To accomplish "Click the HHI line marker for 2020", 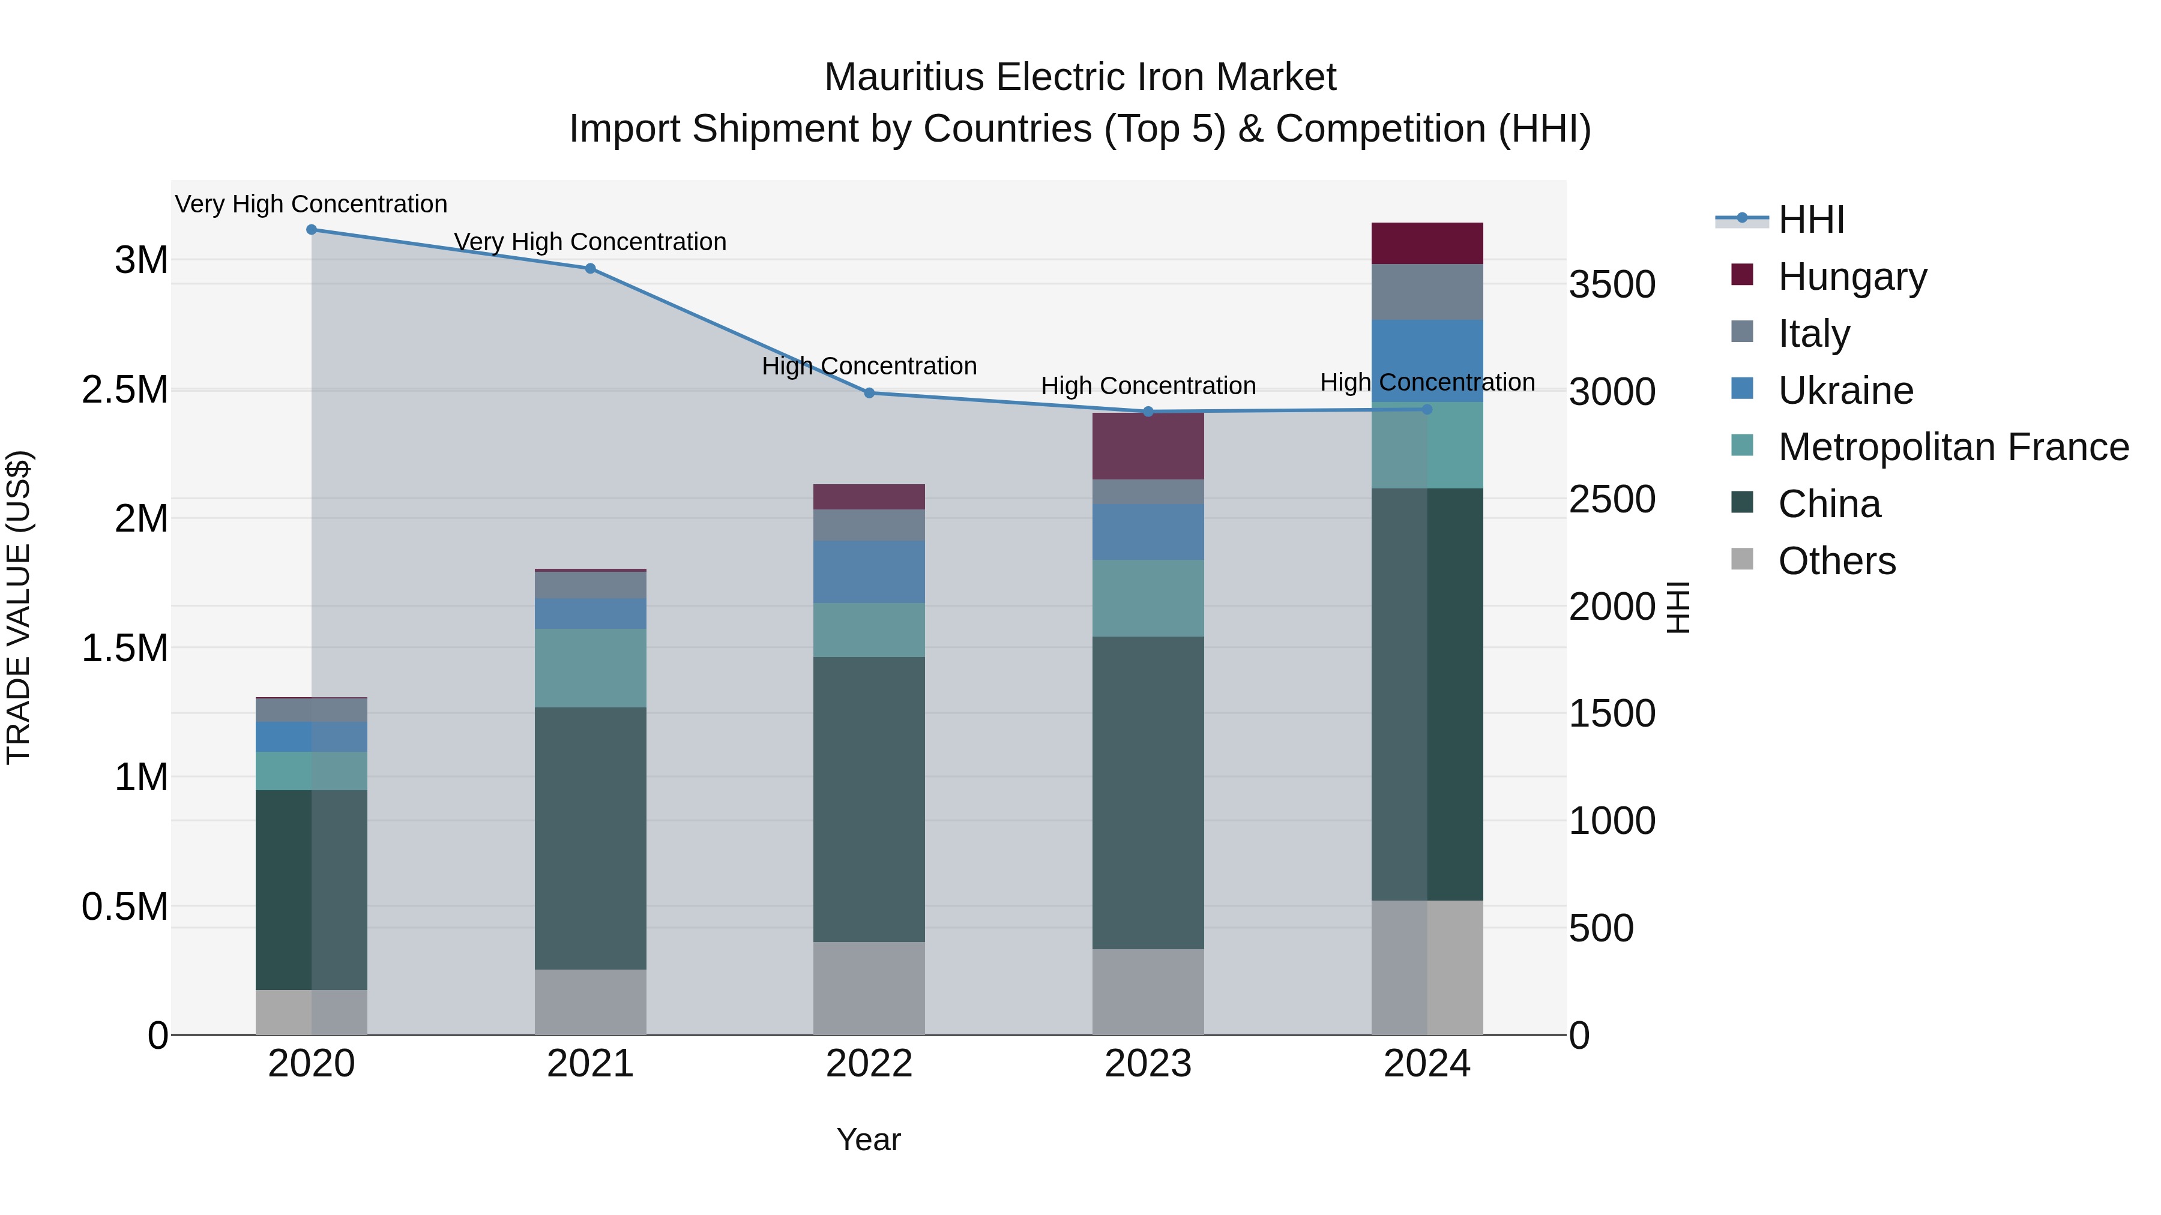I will tap(311, 230).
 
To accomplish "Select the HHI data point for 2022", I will tap(869, 393).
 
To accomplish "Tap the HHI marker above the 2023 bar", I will tap(1148, 412).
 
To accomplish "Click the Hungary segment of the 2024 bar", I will tap(1427, 244).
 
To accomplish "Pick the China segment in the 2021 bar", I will tap(591, 839).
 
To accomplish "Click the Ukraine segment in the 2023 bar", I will tap(1148, 532).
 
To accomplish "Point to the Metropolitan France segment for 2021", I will tap(591, 668).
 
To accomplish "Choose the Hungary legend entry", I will tap(1852, 277).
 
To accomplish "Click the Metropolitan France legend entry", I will tap(1953, 447).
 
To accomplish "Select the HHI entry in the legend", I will tap(1810, 220).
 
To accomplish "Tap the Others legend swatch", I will tap(1743, 559).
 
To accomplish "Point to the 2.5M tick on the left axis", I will tap(125, 390).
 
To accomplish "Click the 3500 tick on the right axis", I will tap(1612, 285).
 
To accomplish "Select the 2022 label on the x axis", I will tap(869, 1064).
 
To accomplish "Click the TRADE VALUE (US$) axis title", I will tap(19, 607).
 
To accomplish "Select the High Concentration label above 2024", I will tap(1427, 382).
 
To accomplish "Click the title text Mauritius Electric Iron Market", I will tap(1080, 77).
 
